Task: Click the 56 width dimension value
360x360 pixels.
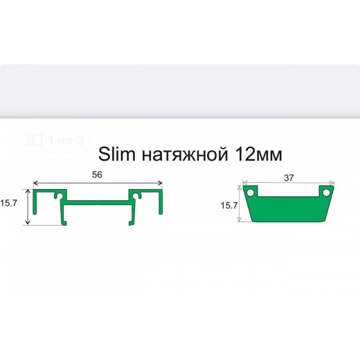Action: (x=97, y=177)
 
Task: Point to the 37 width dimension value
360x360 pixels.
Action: (x=289, y=178)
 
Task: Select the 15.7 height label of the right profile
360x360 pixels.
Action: (x=229, y=206)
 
